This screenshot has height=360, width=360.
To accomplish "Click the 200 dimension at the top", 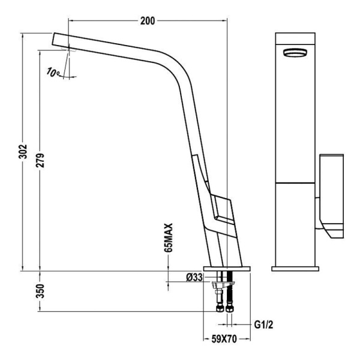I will pyautogui.click(x=148, y=21).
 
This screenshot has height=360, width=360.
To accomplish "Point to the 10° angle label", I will pyautogui.click(x=53, y=73).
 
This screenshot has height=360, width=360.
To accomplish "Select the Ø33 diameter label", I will pyautogui.click(x=193, y=277).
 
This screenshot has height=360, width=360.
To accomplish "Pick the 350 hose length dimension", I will pyautogui.click(x=40, y=291).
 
